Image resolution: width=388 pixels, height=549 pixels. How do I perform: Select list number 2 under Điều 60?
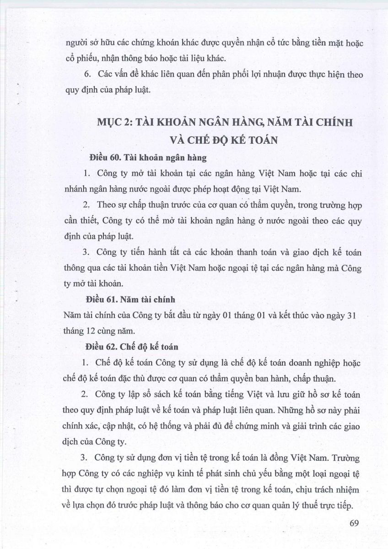86,205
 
